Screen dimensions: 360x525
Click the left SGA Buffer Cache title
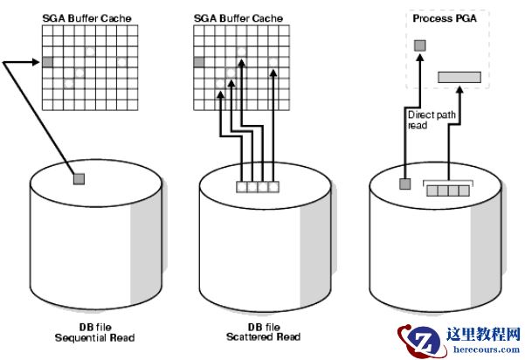tap(82, 16)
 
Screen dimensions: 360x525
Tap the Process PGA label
tap(442, 17)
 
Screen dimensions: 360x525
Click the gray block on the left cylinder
tap(79, 178)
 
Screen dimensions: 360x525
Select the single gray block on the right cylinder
tap(404, 183)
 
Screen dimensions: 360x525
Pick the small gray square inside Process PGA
tap(419, 45)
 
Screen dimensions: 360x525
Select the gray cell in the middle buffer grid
tap(199, 61)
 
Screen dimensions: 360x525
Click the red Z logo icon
tap(416, 339)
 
